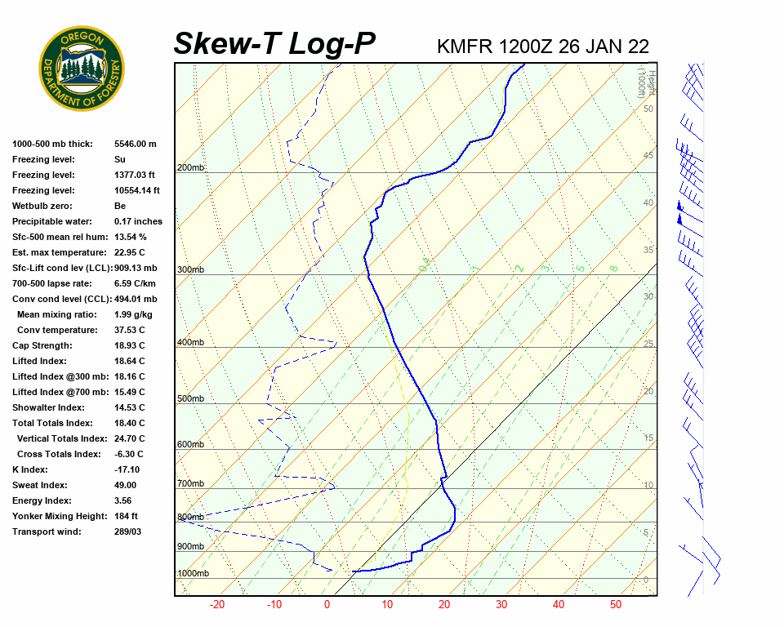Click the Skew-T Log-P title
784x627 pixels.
tap(275, 44)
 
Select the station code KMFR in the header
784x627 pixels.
tap(465, 46)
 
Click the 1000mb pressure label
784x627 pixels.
tap(193, 574)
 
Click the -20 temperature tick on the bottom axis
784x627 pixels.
tap(217, 605)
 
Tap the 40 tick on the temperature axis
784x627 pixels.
tap(559, 605)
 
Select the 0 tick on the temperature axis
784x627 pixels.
tap(327, 605)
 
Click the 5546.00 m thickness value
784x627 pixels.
tap(136, 144)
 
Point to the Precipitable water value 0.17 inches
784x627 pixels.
tap(138, 221)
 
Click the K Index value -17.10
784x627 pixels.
tap(127, 469)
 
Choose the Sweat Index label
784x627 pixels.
tap(40, 485)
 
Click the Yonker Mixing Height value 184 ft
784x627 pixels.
tap(126, 516)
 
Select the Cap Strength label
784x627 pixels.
tap(38, 345)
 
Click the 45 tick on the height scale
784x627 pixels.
tap(648, 156)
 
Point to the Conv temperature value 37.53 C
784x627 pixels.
tap(130, 330)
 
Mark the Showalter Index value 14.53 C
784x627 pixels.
tap(130, 407)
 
